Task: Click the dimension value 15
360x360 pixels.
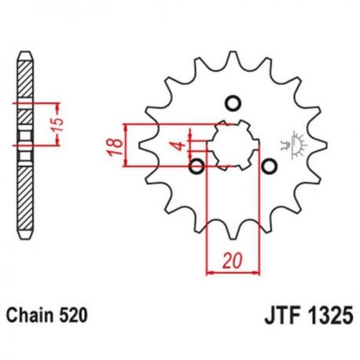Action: (x=57, y=125)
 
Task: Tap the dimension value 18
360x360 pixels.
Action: (x=116, y=147)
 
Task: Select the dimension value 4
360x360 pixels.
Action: (x=180, y=146)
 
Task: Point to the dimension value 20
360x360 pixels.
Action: (x=232, y=261)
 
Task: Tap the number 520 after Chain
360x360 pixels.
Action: (x=73, y=315)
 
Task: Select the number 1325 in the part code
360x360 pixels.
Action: (x=330, y=316)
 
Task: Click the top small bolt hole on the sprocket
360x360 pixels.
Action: (x=233, y=103)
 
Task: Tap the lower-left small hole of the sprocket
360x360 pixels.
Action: (x=197, y=166)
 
